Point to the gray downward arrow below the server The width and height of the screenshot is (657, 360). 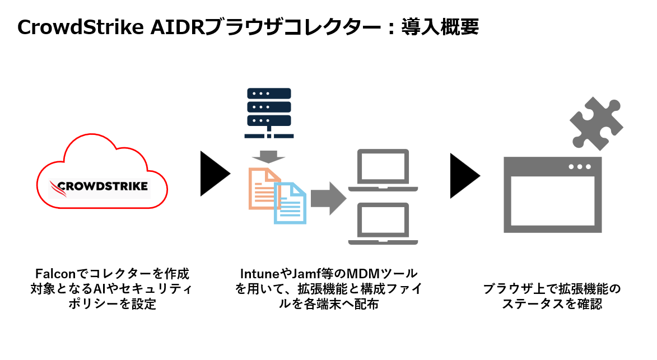click(269, 155)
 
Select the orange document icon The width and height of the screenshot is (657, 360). click(263, 188)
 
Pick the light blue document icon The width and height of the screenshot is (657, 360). click(290, 203)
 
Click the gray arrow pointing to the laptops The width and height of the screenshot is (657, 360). click(328, 198)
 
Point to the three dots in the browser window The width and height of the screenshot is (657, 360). click(579, 166)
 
